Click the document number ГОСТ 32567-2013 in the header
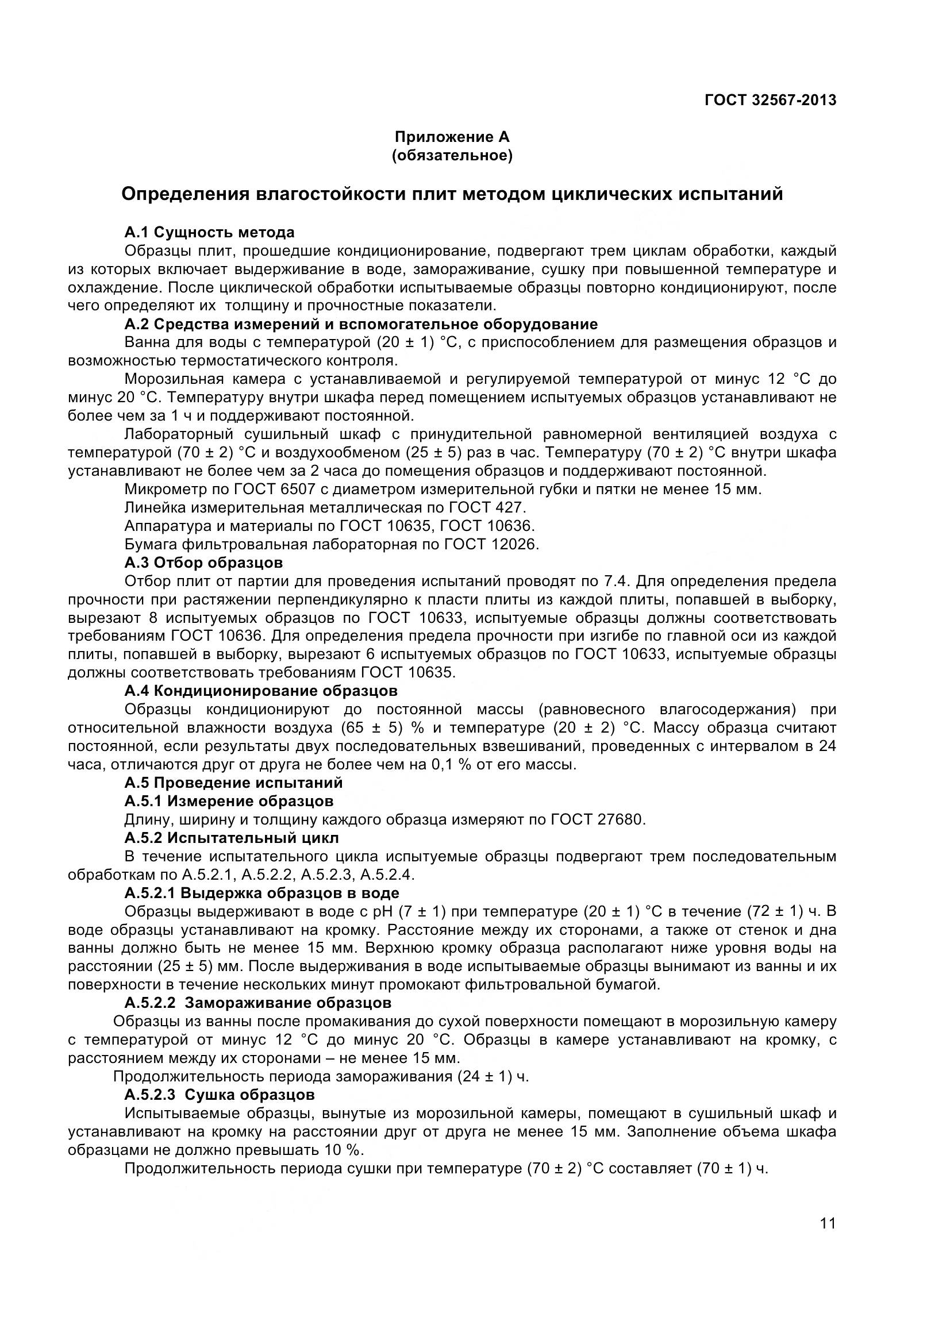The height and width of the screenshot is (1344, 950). [770, 100]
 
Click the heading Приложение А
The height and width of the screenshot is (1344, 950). [452, 137]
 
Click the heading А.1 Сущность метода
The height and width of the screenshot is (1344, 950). [209, 232]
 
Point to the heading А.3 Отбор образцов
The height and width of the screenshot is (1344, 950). [203, 563]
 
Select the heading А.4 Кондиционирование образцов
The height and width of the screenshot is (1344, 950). [260, 691]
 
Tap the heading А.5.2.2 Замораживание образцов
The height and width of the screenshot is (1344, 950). [257, 1003]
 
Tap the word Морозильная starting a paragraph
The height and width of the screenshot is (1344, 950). [171, 379]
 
